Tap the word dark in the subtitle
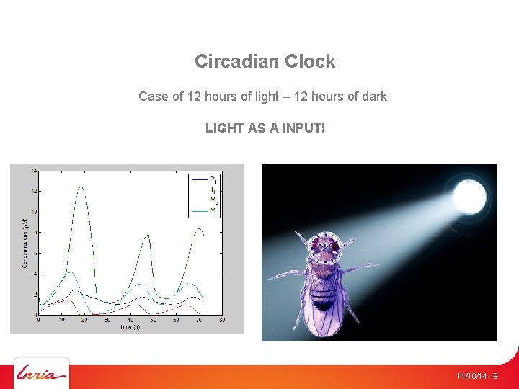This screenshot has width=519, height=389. [373, 96]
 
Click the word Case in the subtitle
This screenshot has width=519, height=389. [152, 96]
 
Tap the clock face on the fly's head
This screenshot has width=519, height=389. [325, 246]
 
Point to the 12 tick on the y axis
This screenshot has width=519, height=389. [34, 191]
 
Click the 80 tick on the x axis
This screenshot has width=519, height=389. [222, 320]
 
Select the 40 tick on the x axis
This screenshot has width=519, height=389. [130, 320]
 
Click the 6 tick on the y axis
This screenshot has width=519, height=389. [35, 253]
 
